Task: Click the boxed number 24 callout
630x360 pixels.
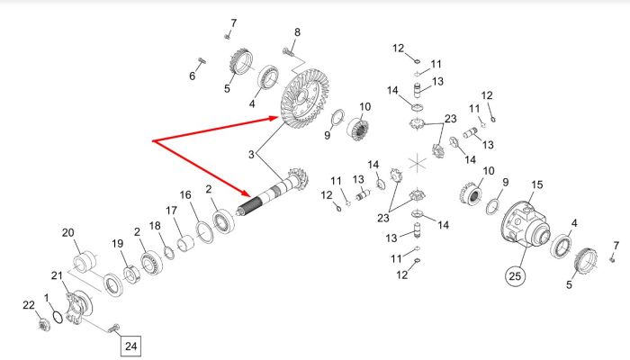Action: (x=131, y=346)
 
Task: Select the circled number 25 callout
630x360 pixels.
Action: (x=515, y=276)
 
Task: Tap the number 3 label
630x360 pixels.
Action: (x=251, y=154)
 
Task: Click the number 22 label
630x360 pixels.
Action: (x=29, y=305)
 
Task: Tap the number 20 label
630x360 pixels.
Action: (x=67, y=232)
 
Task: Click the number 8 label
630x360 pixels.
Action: (x=297, y=32)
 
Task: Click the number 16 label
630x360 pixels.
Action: (x=185, y=195)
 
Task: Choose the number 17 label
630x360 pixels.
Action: (x=171, y=211)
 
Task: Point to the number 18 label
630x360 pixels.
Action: (x=155, y=226)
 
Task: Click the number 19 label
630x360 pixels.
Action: (x=117, y=244)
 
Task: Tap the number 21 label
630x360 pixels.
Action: (x=57, y=275)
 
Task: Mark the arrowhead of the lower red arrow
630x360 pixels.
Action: (x=246, y=193)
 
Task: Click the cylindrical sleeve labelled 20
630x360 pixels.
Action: (x=85, y=262)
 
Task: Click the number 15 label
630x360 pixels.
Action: (x=536, y=184)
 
